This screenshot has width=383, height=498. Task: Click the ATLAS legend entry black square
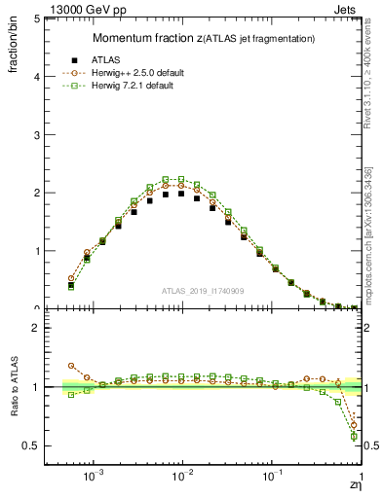[71, 60]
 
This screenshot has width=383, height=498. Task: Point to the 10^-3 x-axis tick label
[94, 479]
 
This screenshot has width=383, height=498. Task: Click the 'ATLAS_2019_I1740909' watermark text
[203, 291]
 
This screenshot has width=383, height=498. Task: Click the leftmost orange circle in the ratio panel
[70, 366]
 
